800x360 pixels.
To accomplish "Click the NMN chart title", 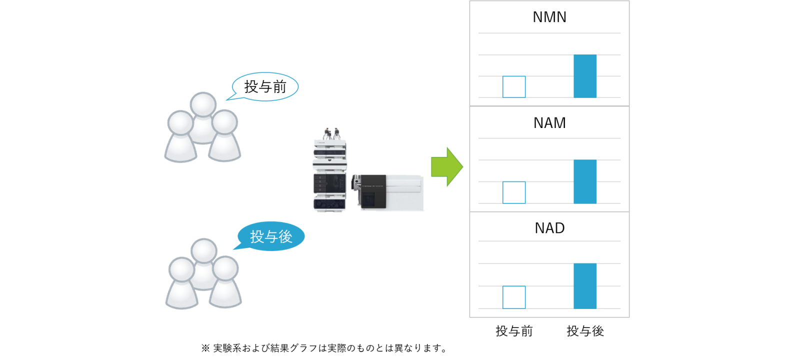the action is [x=549, y=17].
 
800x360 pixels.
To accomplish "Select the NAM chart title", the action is [x=549, y=123].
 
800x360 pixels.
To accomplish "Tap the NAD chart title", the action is [x=549, y=228].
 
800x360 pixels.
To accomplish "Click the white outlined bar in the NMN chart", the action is [x=514, y=87].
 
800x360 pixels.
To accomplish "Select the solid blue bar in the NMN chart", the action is [x=585, y=76].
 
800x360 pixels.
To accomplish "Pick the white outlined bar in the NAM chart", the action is [x=514, y=192].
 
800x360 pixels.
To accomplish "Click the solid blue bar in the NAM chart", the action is [x=585, y=181].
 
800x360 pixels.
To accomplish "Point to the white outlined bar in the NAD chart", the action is [x=514, y=297].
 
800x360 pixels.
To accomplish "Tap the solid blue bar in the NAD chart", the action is [x=585, y=286].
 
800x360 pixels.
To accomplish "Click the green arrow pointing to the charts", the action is [x=447, y=167].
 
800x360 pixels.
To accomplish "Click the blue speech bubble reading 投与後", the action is [x=270, y=236].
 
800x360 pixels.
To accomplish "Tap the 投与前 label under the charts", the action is [x=514, y=331].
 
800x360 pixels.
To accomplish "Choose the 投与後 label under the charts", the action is [x=585, y=331].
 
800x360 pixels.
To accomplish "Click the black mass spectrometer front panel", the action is [x=373, y=191].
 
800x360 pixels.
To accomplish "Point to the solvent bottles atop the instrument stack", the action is [x=331, y=133].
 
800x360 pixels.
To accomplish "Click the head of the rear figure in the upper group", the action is [x=203, y=104].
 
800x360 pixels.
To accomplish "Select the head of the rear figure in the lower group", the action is [x=204, y=250].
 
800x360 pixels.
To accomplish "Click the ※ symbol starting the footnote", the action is [x=205, y=348].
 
